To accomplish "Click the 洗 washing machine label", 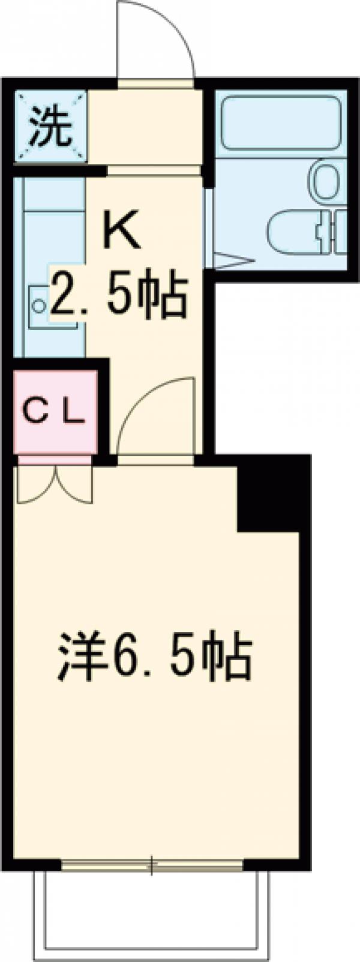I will pos(51,127).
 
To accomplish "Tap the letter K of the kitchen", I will pos(122,231).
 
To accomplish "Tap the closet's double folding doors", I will pos(55,483).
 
